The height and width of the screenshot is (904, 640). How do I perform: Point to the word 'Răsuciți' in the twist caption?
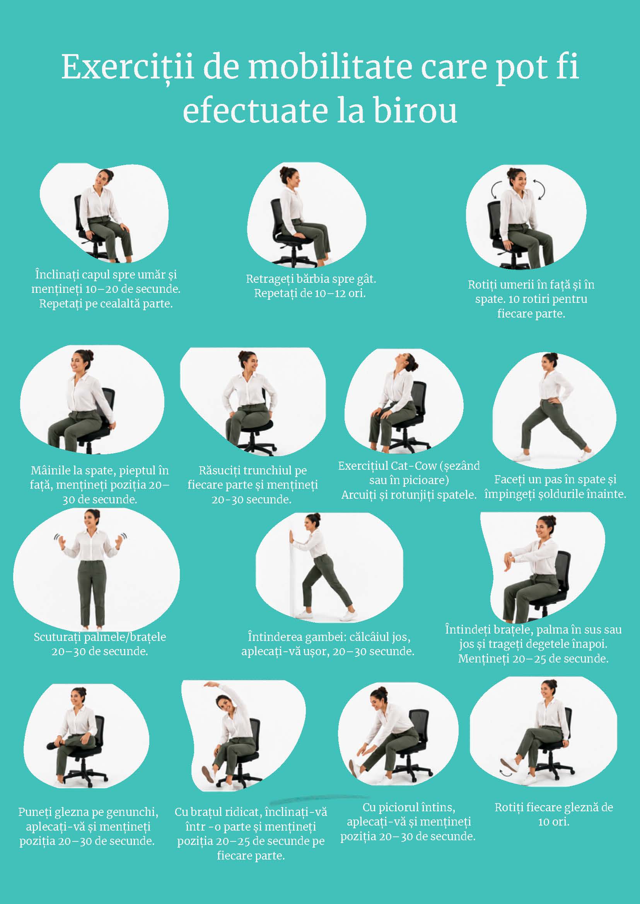tap(219, 471)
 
